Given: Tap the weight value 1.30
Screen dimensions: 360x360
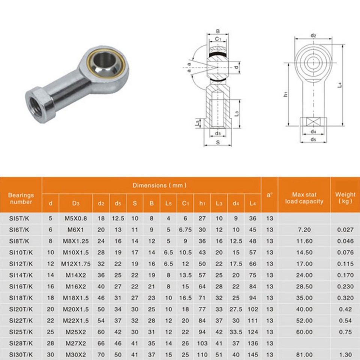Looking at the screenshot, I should click(x=345, y=354).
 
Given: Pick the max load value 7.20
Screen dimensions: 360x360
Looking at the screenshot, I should click(x=304, y=230).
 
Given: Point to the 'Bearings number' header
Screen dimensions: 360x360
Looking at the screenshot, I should click(x=21, y=198).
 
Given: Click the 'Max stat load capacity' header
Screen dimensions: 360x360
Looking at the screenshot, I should click(x=304, y=198).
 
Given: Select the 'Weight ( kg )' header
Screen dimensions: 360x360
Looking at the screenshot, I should click(x=345, y=198).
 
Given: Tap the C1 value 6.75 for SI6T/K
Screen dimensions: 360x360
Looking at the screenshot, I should click(x=185, y=230).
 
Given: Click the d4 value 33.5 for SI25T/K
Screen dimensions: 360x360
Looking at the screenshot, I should click(x=235, y=332).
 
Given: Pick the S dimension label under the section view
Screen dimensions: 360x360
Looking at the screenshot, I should click(x=217, y=142).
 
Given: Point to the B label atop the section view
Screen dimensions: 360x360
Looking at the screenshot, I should click(x=218, y=31).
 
